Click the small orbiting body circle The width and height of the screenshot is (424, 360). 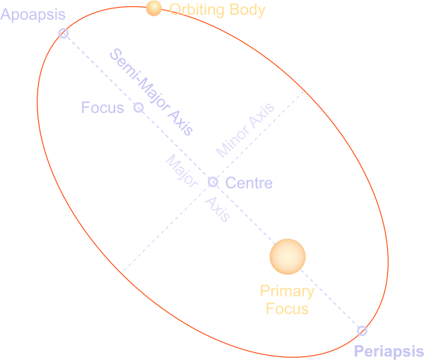point(153,8)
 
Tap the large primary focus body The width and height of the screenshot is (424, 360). point(288,256)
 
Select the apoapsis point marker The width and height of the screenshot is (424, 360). point(64,33)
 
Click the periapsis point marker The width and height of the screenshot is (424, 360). point(363,330)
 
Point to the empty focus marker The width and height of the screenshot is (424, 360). point(139,108)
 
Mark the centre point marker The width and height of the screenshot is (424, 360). point(213,182)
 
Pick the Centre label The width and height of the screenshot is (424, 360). point(249,184)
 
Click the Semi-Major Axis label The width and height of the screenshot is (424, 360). point(151,92)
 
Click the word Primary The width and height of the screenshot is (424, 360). point(287,292)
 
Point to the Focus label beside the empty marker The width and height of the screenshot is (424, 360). point(102,108)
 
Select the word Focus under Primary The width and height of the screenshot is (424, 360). point(287,308)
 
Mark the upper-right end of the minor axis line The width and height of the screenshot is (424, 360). point(305,91)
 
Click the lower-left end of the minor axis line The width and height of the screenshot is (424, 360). point(123,271)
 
